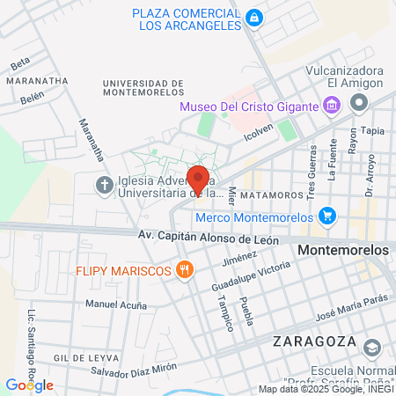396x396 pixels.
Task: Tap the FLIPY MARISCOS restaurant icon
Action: (184, 270)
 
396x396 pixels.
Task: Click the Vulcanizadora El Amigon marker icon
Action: (359, 103)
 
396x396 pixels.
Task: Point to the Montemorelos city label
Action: (344, 251)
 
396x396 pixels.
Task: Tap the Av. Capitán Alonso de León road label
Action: (209, 238)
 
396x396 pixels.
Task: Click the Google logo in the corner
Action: (29, 385)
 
